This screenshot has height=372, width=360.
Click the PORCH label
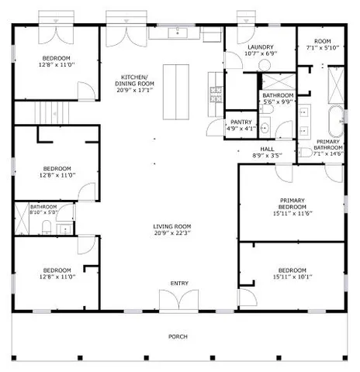pyautogui.click(x=178, y=337)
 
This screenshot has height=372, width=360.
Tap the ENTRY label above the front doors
pyautogui.click(x=179, y=284)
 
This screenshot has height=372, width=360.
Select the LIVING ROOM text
pyautogui.click(x=171, y=226)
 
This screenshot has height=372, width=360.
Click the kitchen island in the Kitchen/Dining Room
pyautogui.click(x=176, y=90)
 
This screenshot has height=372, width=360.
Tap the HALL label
pyautogui.click(x=267, y=150)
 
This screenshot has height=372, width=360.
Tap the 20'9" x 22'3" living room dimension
pyautogui.click(x=171, y=232)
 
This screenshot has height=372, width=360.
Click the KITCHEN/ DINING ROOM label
pyautogui.click(x=135, y=80)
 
